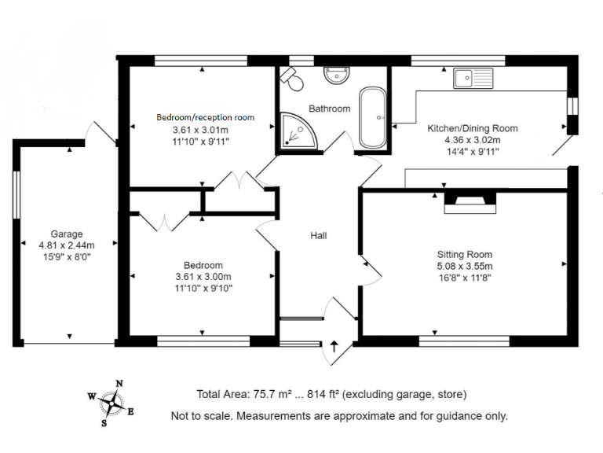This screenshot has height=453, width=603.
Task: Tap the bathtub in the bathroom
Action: pyautogui.click(x=372, y=118)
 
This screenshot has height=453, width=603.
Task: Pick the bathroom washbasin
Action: pyautogui.click(x=338, y=75)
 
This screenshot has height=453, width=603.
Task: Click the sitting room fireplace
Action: pyautogui.click(x=470, y=203)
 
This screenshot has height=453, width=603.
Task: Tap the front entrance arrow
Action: pyautogui.click(x=335, y=346)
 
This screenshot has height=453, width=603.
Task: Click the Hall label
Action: pyautogui.click(x=318, y=235)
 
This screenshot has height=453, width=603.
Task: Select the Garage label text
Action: pyautogui.click(x=67, y=234)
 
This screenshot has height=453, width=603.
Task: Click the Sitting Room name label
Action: pyautogui.click(x=465, y=254)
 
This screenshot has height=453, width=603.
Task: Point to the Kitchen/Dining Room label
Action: pyautogui.click(x=472, y=128)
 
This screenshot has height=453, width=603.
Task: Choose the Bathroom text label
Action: pyautogui.click(x=329, y=109)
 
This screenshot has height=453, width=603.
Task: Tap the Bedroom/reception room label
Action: pyautogui.click(x=206, y=117)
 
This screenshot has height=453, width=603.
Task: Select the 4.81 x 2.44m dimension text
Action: pyautogui.click(x=67, y=245)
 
